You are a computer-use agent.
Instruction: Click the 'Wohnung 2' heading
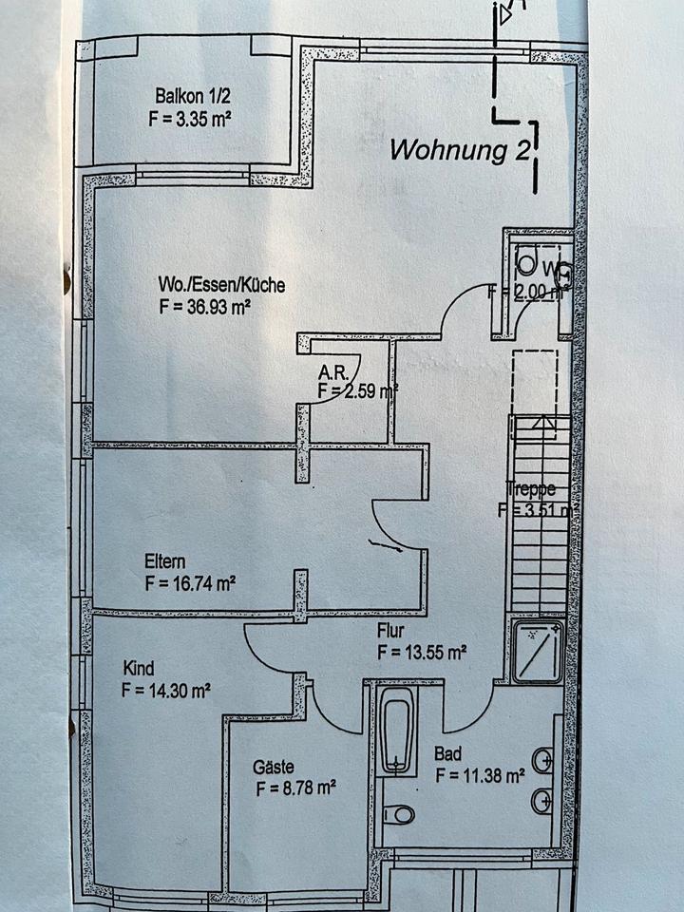coord(460,150)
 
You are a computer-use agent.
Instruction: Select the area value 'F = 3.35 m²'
coord(190,119)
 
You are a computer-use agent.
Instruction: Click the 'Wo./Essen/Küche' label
coord(221,284)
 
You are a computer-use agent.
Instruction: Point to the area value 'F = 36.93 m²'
coord(206,307)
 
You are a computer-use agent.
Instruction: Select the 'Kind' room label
coord(138,668)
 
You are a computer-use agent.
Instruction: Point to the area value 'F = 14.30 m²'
coord(166,691)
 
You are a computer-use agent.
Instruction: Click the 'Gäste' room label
coord(273,767)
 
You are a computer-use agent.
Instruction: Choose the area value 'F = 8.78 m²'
coord(296,788)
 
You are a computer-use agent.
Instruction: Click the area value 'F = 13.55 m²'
coord(421,652)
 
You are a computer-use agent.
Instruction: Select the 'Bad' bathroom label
coord(447,753)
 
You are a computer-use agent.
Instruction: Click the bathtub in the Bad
coord(396,730)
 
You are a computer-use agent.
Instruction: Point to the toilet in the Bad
coord(399,814)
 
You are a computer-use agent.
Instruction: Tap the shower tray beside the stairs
coord(538,651)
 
